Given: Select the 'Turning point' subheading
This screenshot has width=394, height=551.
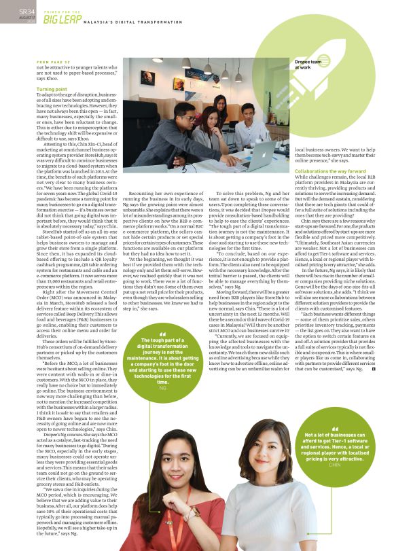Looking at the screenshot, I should click(x=52, y=89).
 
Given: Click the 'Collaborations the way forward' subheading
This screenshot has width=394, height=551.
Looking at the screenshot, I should click(x=330, y=171).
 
